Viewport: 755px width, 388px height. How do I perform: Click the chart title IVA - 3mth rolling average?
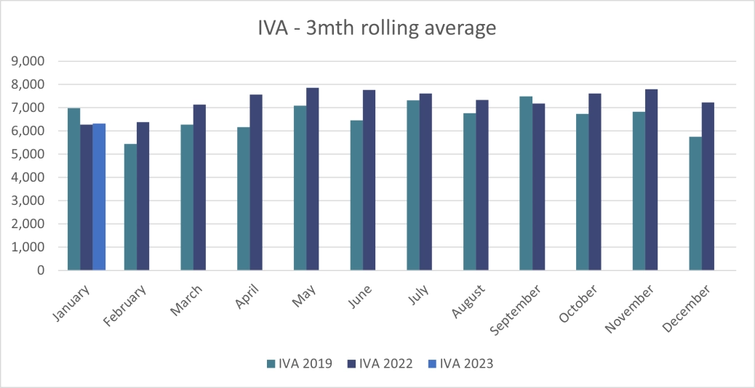pyautogui.click(x=377, y=28)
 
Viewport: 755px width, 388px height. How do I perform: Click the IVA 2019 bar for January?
pyautogui.click(x=74, y=189)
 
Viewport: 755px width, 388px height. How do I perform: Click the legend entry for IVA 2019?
pyautogui.click(x=300, y=364)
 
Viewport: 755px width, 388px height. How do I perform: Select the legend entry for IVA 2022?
pyautogui.click(x=380, y=364)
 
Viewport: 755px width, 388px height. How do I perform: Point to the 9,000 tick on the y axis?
pyautogui.click(x=28, y=61)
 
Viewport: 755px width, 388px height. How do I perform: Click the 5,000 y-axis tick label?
pyautogui.click(x=28, y=154)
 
